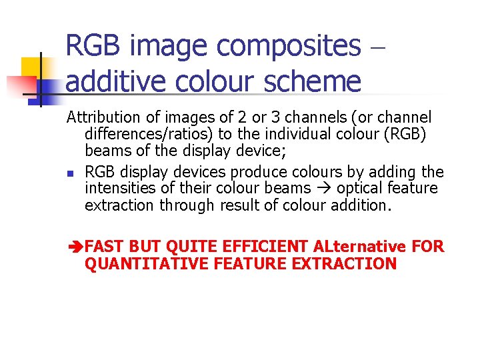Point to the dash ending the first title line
tap(377, 47)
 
